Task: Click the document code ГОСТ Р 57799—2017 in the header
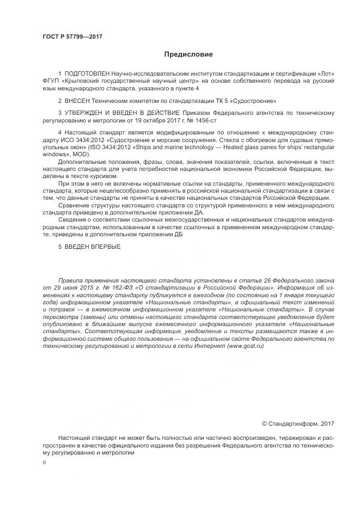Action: (x=72, y=37)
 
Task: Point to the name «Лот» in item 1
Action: (x=325, y=73)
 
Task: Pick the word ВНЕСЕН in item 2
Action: (x=77, y=101)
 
